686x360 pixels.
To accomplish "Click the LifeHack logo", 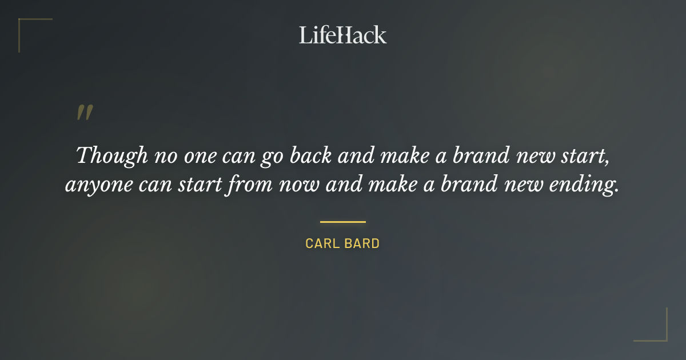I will (342, 35).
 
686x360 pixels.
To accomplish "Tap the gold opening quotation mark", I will (85, 113).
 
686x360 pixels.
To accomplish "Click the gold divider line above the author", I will (342, 222).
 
